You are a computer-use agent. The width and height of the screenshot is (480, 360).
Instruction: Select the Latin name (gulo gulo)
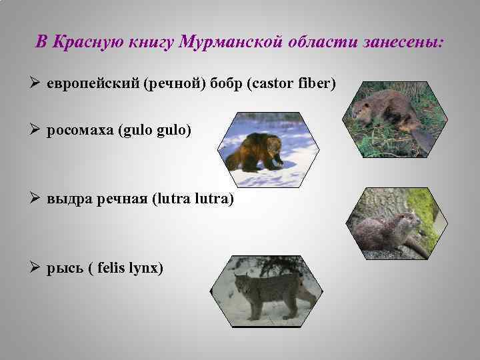[x=154, y=130]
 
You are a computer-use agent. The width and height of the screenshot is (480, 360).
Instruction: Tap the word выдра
[x=65, y=199]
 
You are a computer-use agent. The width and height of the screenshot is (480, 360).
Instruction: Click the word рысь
[x=64, y=268]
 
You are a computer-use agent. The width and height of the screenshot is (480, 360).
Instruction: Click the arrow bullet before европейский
[x=37, y=85]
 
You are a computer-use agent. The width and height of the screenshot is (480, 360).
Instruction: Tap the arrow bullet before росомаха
[x=37, y=130]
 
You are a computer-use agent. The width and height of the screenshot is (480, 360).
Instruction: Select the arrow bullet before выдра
[x=37, y=199]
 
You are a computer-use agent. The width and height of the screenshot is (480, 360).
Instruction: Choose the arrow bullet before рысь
[x=37, y=268]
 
